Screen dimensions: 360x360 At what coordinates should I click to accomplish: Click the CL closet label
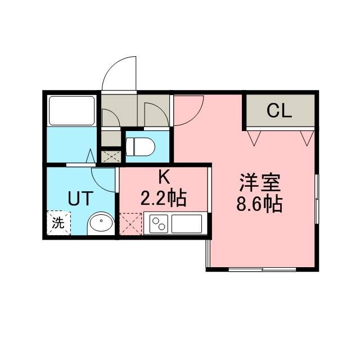pos(279,111)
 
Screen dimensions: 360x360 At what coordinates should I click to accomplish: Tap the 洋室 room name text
pos(260,183)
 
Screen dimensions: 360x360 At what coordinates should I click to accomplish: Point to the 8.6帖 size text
pos(259,204)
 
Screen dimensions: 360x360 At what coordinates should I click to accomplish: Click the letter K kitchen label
pos(164,178)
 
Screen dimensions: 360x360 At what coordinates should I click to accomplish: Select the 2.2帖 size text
pos(163,198)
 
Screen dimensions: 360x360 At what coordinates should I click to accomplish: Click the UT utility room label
pos(80,199)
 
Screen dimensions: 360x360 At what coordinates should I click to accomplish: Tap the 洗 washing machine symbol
pos(58,223)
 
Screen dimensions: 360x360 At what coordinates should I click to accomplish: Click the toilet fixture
pos(140,147)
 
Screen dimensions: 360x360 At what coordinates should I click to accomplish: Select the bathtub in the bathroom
pos(72,111)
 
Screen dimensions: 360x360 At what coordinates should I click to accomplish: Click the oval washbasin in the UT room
pos(101,223)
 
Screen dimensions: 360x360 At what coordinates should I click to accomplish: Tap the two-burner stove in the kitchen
pos(159,224)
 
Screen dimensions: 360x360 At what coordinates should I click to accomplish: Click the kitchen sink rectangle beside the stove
pos(187,224)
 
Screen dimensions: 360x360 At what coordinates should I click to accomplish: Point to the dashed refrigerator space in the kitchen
pos(131,224)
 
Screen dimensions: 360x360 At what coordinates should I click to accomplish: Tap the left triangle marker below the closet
pos(254,138)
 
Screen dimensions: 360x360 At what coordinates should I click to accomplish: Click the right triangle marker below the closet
pos(307,138)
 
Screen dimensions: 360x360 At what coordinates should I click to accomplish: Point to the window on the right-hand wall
pos(317,199)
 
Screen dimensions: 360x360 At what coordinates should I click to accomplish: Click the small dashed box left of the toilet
pos(111,156)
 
